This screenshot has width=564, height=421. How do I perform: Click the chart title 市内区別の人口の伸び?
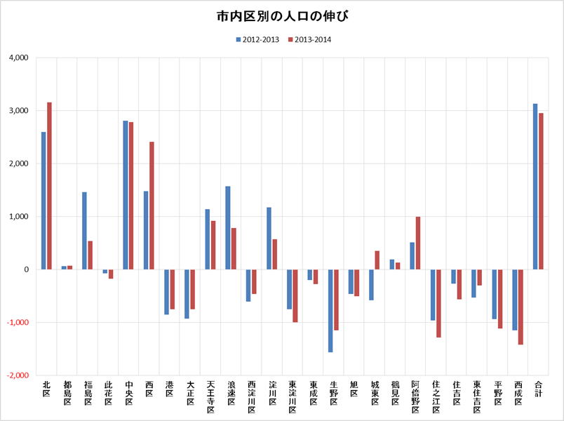pyautogui.click(x=282, y=16)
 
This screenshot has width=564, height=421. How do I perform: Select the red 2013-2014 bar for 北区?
pyautogui.click(x=49, y=186)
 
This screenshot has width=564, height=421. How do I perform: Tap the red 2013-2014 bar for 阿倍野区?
pyautogui.click(x=418, y=243)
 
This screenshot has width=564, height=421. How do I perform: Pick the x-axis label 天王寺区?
pyautogui.click(x=210, y=397)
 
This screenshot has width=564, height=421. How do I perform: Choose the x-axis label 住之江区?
pyautogui.click(x=436, y=397)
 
